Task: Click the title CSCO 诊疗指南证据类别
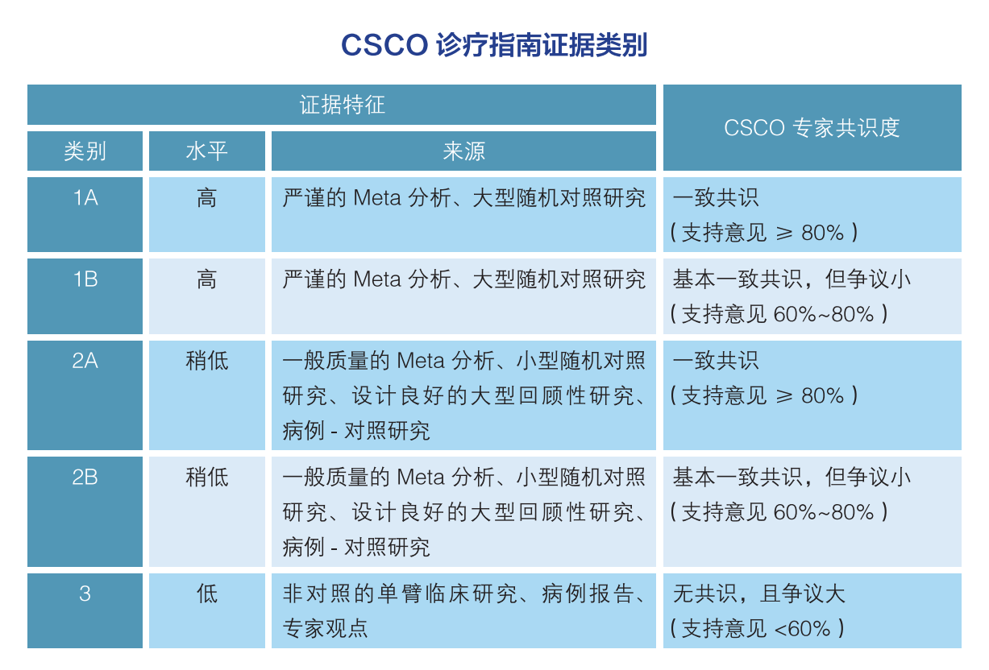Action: point(494,44)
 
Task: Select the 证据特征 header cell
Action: point(342,105)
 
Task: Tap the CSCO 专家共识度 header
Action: point(812,127)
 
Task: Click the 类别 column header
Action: point(85,151)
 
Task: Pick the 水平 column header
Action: point(206,151)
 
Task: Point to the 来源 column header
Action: point(463,151)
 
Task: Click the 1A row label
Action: point(85,197)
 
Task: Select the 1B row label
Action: point(85,279)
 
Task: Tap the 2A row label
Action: point(85,361)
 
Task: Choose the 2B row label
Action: point(85,478)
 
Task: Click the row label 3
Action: point(85,593)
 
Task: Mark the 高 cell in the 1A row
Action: point(206,197)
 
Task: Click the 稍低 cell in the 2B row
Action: point(206,478)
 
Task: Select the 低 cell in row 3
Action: point(206,593)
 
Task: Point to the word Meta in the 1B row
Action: point(377,279)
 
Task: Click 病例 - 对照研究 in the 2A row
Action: point(356,431)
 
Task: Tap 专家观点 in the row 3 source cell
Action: point(325,628)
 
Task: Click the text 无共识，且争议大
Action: point(758,593)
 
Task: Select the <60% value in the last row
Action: point(802,629)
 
